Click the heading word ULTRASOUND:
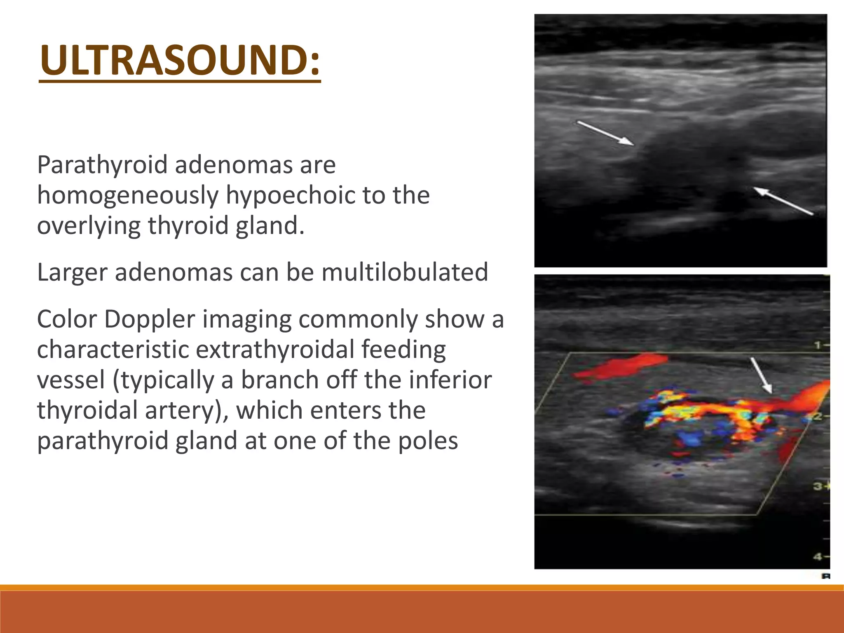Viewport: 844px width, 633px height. [180, 61]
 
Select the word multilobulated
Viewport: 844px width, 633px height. [405, 272]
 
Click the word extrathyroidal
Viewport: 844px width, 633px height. [275, 349]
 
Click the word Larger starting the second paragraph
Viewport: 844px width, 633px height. [72, 272]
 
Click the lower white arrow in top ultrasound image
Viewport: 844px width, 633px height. [783, 201]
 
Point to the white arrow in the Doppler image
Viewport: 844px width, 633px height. [761, 375]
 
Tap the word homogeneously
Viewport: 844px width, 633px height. [128, 195]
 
